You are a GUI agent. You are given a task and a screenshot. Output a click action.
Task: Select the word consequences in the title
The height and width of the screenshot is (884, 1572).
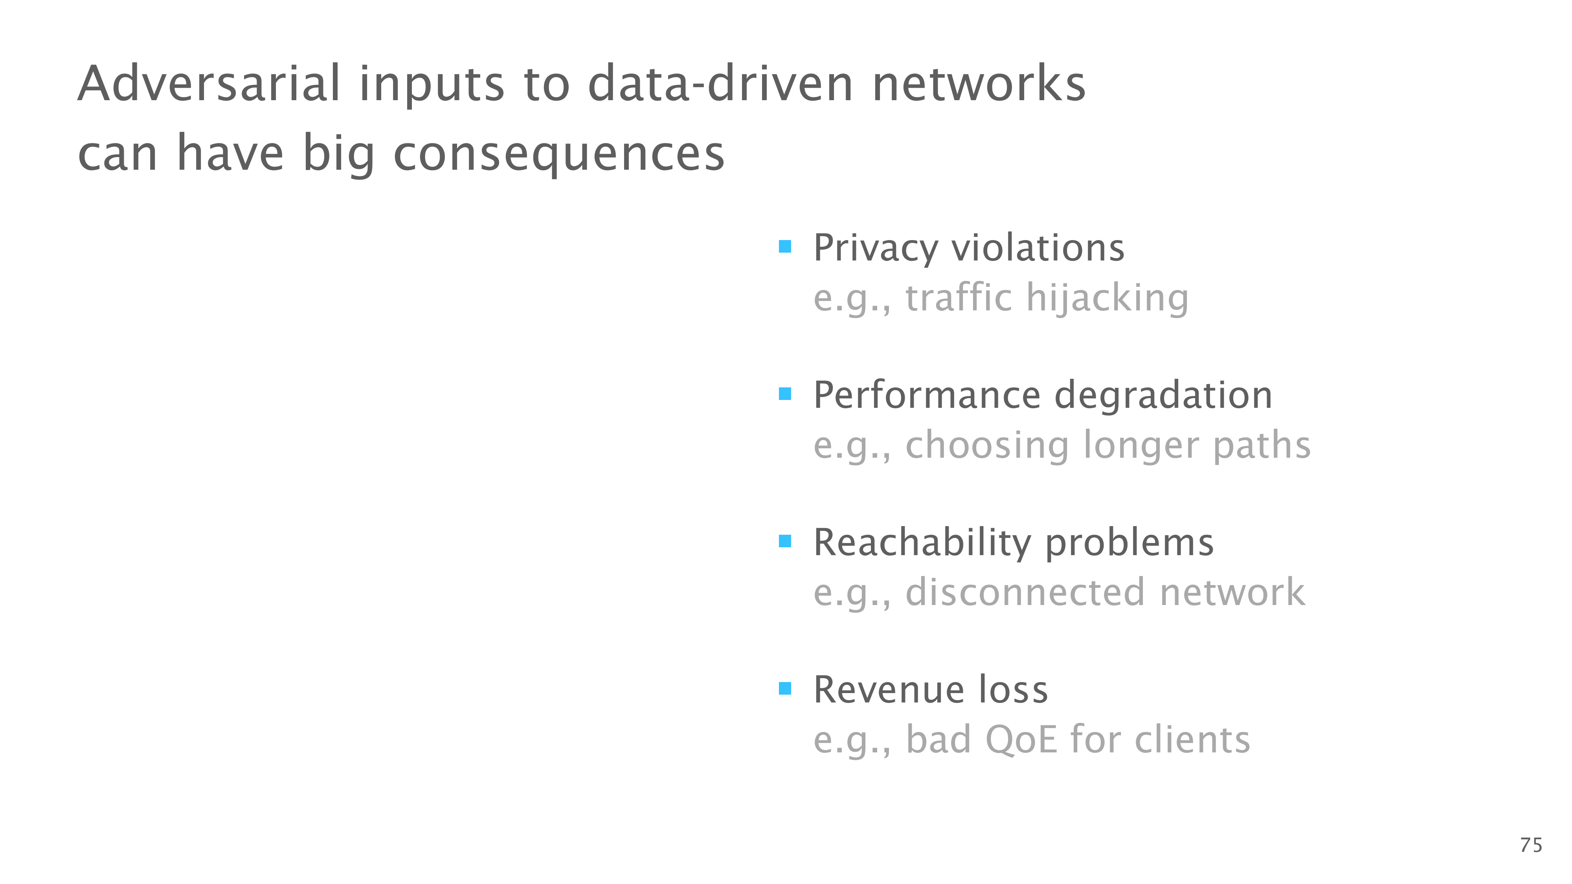559,154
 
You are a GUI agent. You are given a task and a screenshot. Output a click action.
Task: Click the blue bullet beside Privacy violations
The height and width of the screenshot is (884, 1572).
785,246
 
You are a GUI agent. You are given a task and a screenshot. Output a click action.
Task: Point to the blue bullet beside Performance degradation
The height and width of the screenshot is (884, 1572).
785,394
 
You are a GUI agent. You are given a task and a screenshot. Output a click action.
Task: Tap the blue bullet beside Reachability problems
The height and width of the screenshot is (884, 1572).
785,541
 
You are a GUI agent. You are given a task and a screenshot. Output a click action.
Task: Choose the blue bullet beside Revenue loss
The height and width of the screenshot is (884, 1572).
785,689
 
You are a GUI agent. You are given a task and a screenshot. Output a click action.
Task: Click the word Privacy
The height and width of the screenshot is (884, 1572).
876,249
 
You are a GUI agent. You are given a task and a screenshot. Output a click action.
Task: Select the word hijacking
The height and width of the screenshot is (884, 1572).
1107,299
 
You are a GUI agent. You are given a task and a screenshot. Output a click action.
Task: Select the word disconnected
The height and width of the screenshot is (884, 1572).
1025,592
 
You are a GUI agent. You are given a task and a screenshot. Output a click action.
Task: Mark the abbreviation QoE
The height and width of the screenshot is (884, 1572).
1021,740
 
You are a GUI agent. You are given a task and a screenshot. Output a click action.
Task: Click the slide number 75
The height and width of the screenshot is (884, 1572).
1531,845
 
